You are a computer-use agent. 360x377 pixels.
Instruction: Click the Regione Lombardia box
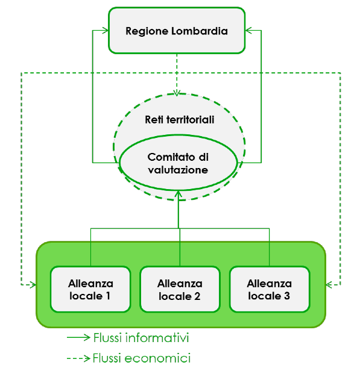click(x=177, y=31)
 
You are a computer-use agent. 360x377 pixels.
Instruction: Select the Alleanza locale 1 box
click(x=90, y=289)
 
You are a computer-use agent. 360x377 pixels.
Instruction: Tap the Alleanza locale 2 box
click(x=180, y=289)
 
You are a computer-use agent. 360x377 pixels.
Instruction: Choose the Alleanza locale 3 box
click(x=270, y=289)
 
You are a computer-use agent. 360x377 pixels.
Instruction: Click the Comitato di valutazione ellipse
click(x=178, y=163)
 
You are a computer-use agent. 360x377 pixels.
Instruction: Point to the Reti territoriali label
click(x=180, y=120)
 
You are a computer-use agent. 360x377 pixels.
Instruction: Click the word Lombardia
click(x=200, y=31)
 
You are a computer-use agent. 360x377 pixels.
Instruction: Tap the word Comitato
click(x=171, y=157)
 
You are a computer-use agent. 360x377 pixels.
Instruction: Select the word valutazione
click(x=178, y=170)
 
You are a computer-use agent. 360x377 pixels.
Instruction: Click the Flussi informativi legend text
click(x=141, y=338)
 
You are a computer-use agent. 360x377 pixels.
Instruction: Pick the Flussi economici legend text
click(x=142, y=358)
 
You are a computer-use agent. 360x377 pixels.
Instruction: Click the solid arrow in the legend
click(x=78, y=337)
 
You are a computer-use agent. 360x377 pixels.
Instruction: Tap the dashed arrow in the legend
click(x=78, y=358)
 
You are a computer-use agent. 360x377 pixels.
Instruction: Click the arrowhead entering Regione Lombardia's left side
click(x=106, y=31)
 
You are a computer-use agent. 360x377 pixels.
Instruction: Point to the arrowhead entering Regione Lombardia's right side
click(x=248, y=31)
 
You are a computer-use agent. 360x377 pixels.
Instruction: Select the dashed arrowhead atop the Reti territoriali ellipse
click(x=177, y=93)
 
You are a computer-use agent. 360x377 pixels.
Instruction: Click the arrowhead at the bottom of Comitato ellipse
click(x=178, y=194)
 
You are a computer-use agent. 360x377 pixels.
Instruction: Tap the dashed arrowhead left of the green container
click(x=33, y=285)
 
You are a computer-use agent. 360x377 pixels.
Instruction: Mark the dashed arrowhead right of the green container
click(x=329, y=285)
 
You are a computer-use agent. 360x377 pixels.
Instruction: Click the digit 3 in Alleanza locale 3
click(x=287, y=296)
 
